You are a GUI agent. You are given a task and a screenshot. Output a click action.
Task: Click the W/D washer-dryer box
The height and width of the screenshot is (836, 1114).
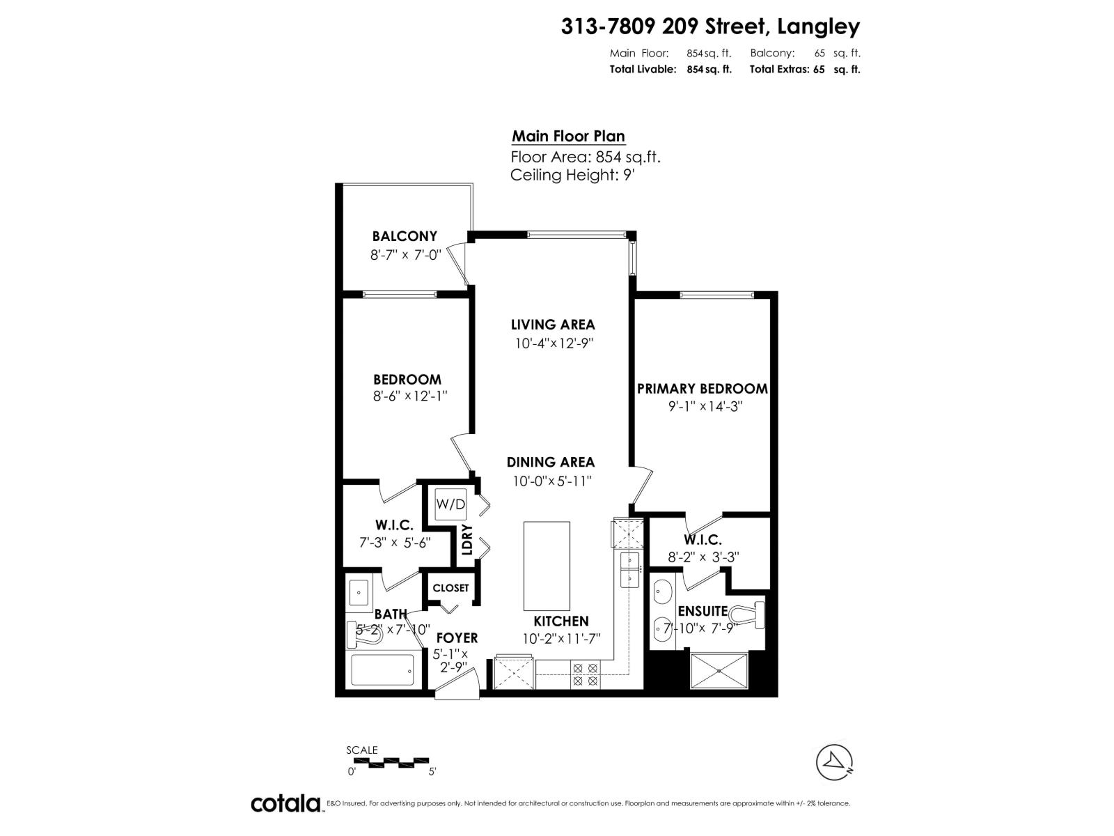[x=450, y=504]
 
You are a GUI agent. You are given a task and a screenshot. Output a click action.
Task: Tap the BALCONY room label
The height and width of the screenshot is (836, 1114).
[x=405, y=236]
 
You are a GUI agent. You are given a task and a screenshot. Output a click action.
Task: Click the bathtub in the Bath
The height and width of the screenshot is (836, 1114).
[x=382, y=669]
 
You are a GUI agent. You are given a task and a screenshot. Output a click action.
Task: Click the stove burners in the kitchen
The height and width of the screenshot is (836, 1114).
[x=585, y=674]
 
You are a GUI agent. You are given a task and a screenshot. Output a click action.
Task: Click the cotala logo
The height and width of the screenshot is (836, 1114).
[x=285, y=803]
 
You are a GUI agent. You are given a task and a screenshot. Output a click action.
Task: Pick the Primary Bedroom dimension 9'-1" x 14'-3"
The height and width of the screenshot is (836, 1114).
[x=702, y=407]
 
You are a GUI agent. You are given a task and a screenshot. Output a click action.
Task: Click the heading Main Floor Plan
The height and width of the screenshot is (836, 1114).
[x=568, y=136]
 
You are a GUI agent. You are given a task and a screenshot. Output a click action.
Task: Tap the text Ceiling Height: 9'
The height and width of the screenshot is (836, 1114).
[x=572, y=175]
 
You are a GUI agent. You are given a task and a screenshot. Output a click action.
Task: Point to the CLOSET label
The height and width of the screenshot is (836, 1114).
[x=450, y=588]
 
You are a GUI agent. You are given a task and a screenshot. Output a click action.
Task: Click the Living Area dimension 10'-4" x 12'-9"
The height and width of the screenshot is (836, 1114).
[x=554, y=343]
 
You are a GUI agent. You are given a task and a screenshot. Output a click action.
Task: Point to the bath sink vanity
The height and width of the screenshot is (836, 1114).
[x=359, y=594]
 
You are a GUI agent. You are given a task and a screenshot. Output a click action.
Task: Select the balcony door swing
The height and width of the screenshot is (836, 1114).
[x=457, y=265]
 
